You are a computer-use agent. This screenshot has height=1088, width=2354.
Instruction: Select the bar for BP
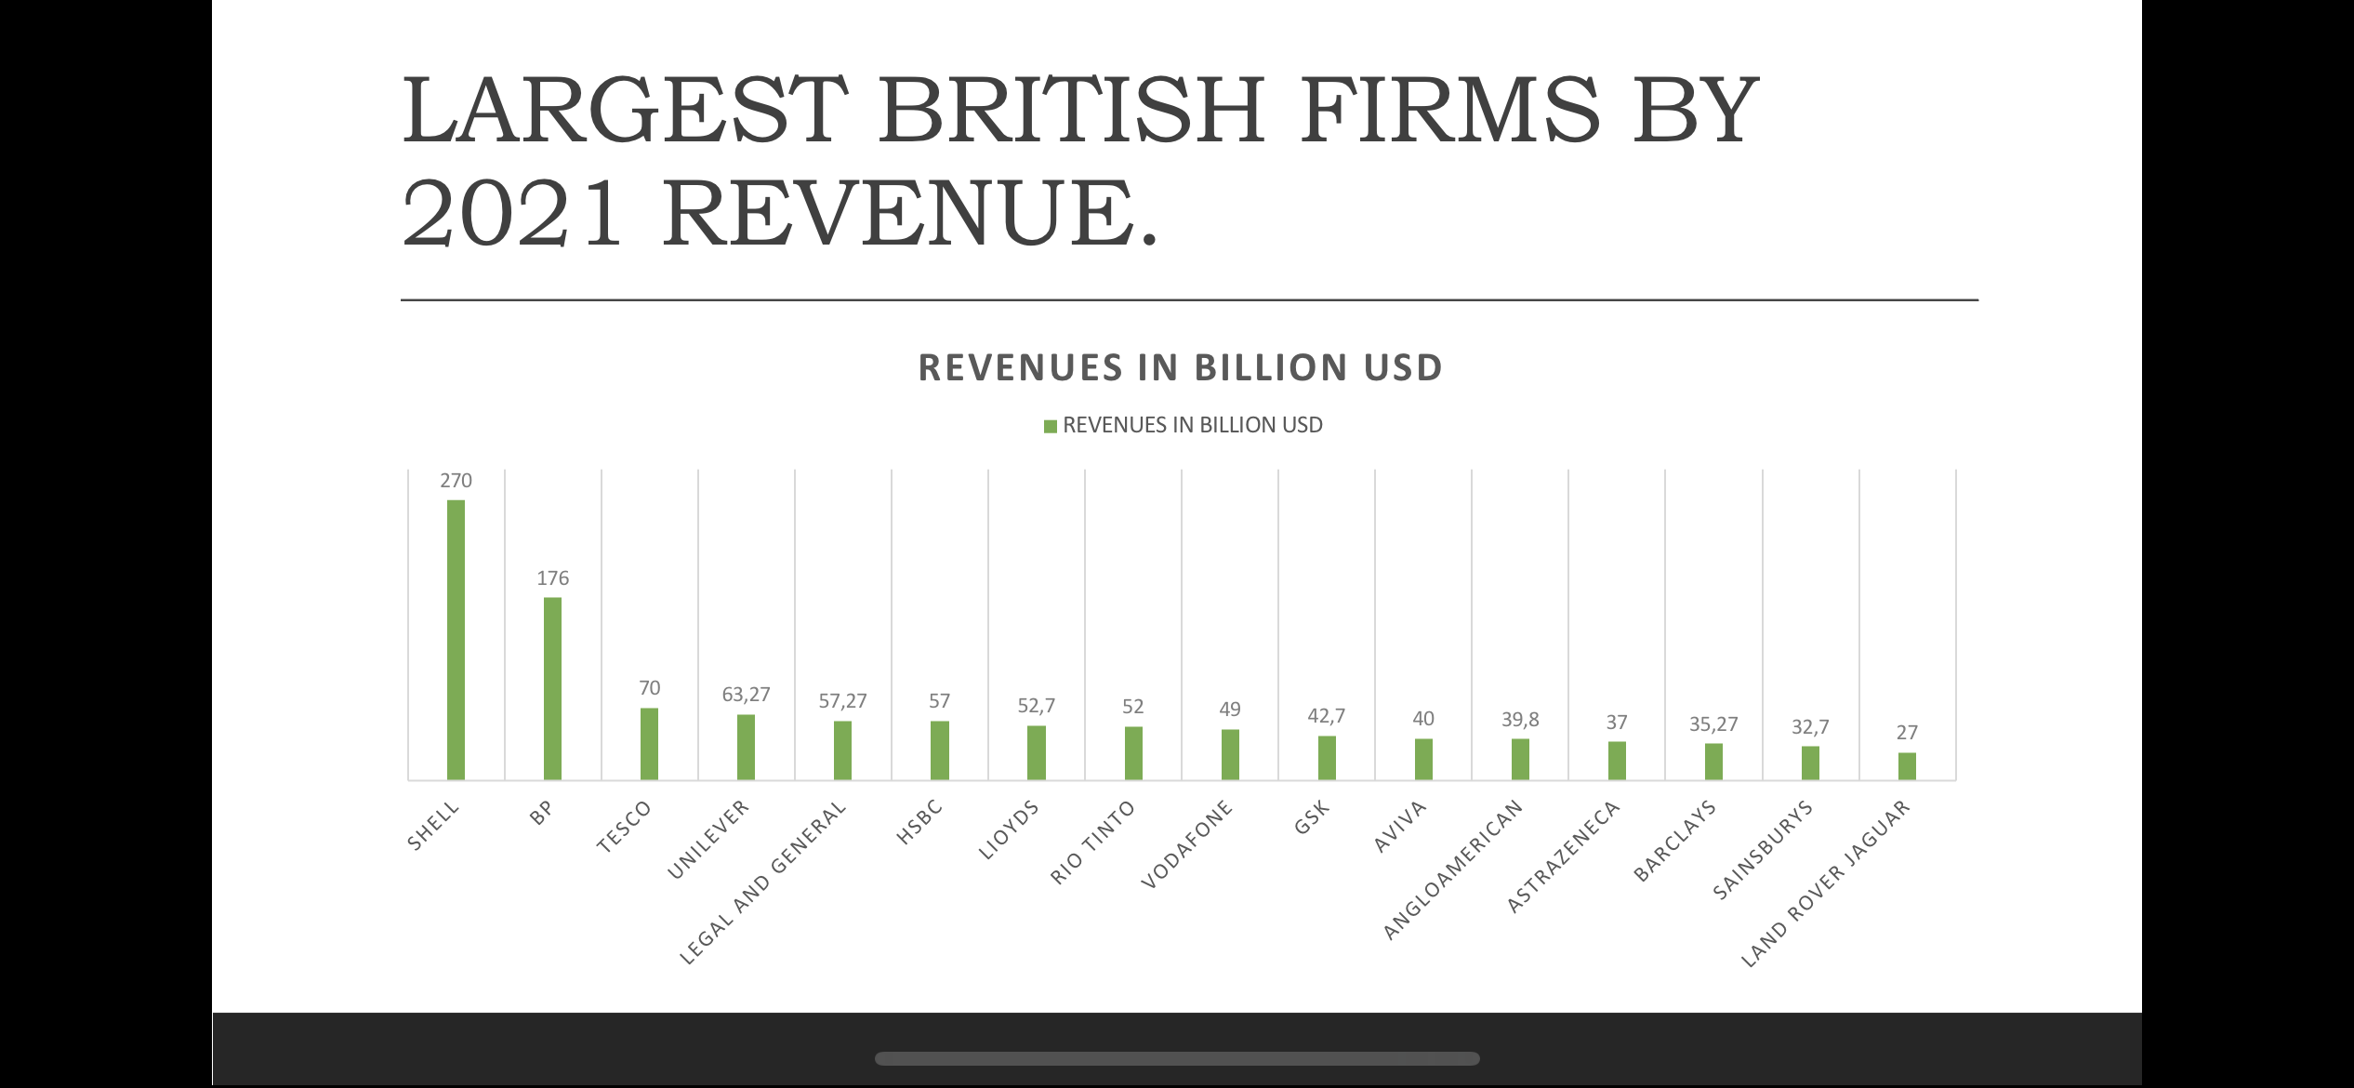coord(552,688)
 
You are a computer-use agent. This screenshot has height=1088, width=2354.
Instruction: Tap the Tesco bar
coord(649,744)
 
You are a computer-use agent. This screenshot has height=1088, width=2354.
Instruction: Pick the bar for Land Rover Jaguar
coord(1907,766)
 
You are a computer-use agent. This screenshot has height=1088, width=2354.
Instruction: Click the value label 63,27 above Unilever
coord(746,695)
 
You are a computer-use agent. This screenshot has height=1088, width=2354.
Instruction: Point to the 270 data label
coord(456,481)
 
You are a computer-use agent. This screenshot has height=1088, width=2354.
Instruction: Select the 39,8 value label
coord(1520,720)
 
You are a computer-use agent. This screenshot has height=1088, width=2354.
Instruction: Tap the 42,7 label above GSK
coord(1327,716)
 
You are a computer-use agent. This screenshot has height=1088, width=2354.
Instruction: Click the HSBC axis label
coord(919,822)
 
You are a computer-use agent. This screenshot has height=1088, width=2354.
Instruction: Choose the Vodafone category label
coord(1187,843)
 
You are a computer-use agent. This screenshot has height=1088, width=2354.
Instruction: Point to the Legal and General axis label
coord(763,882)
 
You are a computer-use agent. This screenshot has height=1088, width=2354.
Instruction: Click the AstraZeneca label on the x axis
coord(1563,856)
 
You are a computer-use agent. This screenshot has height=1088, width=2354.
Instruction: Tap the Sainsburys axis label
coord(1763,850)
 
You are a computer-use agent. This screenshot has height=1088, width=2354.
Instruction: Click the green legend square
coord(1050,427)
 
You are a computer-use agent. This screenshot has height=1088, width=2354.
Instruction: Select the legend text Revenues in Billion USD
coord(1192,426)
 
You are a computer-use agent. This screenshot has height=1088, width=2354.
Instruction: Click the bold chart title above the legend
coord(1180,368)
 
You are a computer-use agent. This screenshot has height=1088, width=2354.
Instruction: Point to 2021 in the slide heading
coord(512,214)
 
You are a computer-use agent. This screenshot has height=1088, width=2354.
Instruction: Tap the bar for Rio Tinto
coord(1133,753)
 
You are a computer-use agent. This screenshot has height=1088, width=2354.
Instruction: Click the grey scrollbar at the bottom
coord(1177,1058)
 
